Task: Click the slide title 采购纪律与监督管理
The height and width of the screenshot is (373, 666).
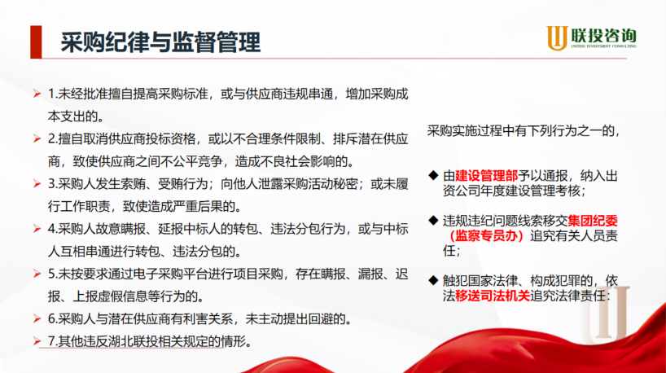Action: [x=160, y=42]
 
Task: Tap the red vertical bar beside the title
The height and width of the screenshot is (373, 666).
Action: [x=36, y=42]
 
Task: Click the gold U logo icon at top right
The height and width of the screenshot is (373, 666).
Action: [x=557, y=37]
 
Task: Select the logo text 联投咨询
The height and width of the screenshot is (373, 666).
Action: [x=603, y=35]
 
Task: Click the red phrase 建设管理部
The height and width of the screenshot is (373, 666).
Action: [x=486, y=176]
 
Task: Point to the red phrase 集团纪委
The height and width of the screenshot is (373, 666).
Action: [x=593, y=221]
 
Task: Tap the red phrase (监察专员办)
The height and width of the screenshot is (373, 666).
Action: [x=486, y=235]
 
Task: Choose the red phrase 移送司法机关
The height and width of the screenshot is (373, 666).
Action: [x=493, y=296]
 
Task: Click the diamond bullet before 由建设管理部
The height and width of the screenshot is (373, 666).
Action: [x=433, y=175]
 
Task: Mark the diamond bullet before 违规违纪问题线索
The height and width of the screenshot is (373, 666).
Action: [x=433, y=220]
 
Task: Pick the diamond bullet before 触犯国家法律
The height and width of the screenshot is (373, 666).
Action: [x=433, y=280]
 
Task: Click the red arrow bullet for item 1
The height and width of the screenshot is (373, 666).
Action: [x=37, y=94]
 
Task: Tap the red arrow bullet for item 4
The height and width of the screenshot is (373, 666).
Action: [x=37, y=229]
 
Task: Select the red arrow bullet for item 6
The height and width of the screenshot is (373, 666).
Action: [x=37, y=318]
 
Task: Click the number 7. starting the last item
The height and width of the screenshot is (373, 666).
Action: [x=53, y=341]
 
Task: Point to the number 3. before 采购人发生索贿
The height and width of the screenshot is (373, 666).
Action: [x=53, y=183]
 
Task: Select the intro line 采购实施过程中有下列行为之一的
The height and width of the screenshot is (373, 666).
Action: [x=524, y=131]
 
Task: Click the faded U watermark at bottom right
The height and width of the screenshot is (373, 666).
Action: [x=605, y=314]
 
